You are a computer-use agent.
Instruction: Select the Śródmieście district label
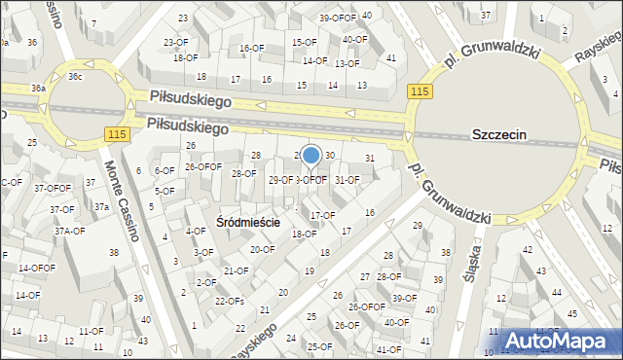pyautogui.click(x=248, y=222)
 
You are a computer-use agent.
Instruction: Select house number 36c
pyautogui.click(x=75, y=77)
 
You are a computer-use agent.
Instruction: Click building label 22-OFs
pyautogui.click(x=229, y=301)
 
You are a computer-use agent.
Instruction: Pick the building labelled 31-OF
pyautogui.click(x=347, y=179)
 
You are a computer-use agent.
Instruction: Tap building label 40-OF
pyautogui.click(x=355, y=40)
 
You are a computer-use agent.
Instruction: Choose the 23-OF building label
pyautogui.click(x=175, y=42)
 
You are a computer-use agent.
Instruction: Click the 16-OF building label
pyautogui.click(x=251, y=48)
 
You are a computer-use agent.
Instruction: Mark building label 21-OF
pyautogui.click(x=235, y=270)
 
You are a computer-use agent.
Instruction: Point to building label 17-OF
pyautogui.click(x=322, y=215)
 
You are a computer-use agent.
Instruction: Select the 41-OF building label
pyautogui.click(x=388, y=348)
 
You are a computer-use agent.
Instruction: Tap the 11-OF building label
pyautogui.click(x=92, y=331)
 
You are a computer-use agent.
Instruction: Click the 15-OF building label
pyautogui.click(x=305, y=42)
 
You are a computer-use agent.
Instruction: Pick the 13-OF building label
pyautogui.click(x=347, y=63)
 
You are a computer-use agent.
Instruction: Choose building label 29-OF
pyautogui.click(x=281, y=180)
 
